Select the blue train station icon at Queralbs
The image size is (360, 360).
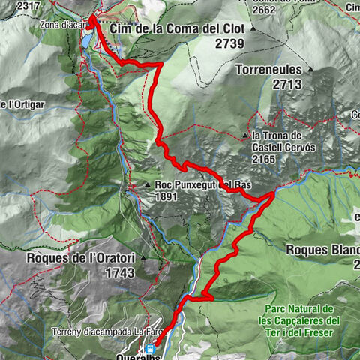[151, 348]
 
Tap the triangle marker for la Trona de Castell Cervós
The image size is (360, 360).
[245, 136]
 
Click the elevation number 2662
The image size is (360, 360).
[267, 10]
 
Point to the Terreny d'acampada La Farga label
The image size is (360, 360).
[108, 331]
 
